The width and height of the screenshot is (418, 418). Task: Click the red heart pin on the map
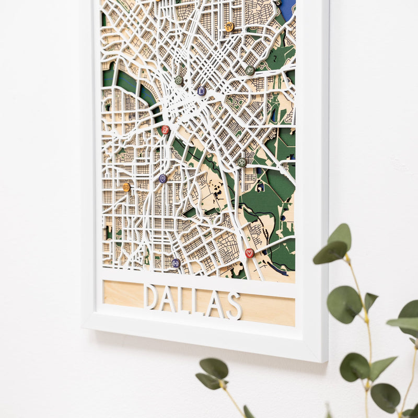pos(249,253)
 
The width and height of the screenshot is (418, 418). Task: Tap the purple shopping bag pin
pos(202,91)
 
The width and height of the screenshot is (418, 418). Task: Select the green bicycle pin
pos(250,70)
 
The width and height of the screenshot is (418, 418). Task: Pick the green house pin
pos(179,80)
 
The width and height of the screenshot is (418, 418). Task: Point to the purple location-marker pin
pos(162,179)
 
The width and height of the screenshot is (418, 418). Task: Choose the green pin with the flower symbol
pos(241,162)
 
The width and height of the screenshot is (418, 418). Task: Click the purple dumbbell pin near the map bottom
pos(176,263)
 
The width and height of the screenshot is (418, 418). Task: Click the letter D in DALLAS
pos(151,296)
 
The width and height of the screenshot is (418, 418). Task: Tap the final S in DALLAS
pos(234,306)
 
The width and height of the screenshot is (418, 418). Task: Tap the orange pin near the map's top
pos(229,26)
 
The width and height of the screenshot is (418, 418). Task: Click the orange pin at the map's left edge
pos(126,187)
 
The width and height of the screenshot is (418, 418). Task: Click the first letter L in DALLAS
pos(183,300)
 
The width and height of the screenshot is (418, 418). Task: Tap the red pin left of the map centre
pos(166,130)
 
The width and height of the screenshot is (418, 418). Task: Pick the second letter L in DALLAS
pos(199,302)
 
